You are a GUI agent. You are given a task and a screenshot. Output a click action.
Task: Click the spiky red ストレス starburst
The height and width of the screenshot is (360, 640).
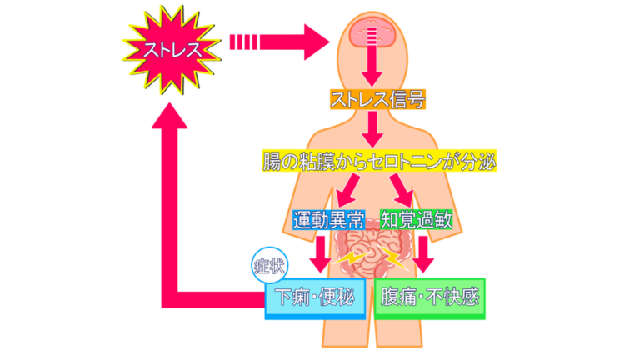pyautogui.click(x=172, y=48)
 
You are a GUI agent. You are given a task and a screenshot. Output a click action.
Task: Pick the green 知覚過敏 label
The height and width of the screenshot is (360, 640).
pyautogui.click(x=417, y=220)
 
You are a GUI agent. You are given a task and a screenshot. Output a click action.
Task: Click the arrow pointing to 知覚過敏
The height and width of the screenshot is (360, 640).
pyautogui.click(x=404, y=191)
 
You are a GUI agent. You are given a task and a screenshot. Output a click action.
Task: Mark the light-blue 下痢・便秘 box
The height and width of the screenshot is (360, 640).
pyautogui.click(x=315, y=297)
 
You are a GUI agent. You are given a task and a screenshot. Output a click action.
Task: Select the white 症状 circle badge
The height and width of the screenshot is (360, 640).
pyautogui.click(x=270, y=266)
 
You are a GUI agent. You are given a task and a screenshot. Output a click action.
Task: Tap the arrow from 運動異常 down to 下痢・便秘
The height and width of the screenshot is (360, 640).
pyautogui.click(x=320, y=253)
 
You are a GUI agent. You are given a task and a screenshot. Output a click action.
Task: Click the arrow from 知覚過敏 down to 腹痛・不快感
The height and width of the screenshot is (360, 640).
pyautogui.click(x=425, y=253)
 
